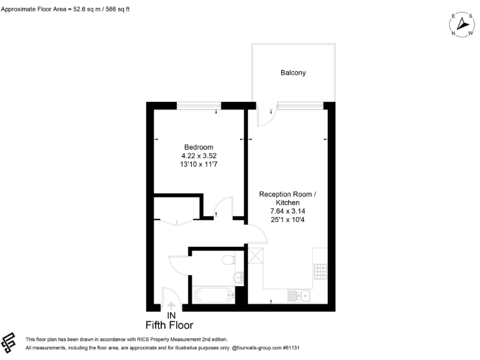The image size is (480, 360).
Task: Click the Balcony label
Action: (293, 73)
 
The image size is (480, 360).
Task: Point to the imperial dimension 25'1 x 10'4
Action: (287, 220)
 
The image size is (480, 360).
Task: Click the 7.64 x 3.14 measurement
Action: (287, 211)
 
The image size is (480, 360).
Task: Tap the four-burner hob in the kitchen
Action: (320, 270)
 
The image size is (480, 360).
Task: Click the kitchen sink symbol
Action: (299, 295)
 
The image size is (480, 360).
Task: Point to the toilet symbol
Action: (229, 259)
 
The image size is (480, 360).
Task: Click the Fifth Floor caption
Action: (169, 325)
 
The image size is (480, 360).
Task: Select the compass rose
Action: (462, 25)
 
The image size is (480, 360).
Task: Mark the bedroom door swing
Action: (222, 207)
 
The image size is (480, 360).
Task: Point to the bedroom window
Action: (199, 106)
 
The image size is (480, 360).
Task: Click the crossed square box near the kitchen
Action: (256, 256)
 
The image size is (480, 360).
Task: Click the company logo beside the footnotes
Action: (9, 342)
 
